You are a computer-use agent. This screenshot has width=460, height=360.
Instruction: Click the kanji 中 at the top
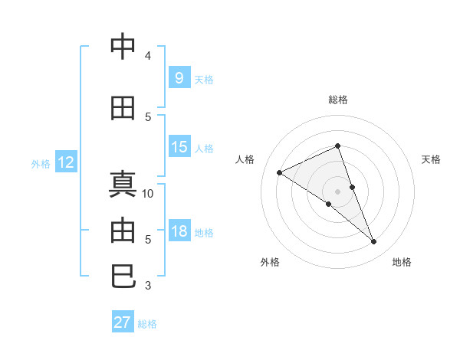point(123,47)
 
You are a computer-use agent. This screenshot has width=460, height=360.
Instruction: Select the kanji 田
point(123,108)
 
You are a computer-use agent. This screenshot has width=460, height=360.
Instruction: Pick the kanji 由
point(123,231)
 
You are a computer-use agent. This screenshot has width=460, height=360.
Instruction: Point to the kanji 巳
point(123,276)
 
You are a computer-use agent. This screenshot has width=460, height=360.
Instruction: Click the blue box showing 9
point(179,78)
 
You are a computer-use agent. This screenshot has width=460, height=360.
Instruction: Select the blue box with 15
point(179,147)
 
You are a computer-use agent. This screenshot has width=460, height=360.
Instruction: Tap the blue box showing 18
point(179,231)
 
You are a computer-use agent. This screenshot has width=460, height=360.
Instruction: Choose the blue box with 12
point(65,162)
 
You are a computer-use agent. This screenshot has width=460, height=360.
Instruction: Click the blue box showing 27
point(123,322)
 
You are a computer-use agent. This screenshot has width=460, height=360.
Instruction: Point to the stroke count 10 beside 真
point(148,194)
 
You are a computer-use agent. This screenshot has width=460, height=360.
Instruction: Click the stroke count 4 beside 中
point(148,56)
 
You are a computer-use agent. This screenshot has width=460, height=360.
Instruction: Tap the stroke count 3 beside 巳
point(148,286)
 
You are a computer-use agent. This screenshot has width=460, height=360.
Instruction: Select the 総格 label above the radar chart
point(337,100)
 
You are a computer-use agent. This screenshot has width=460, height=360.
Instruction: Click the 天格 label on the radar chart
point(431,159)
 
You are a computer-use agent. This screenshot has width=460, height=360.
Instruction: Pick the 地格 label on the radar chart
point(402,262)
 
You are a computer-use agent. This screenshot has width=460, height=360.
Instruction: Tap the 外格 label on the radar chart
point(270,262)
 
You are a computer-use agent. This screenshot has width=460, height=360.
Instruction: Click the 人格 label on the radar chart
point(245,159)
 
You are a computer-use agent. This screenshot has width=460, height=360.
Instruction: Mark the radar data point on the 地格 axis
point(374,242)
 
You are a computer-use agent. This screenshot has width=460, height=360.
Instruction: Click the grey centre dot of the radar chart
point(337,191)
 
